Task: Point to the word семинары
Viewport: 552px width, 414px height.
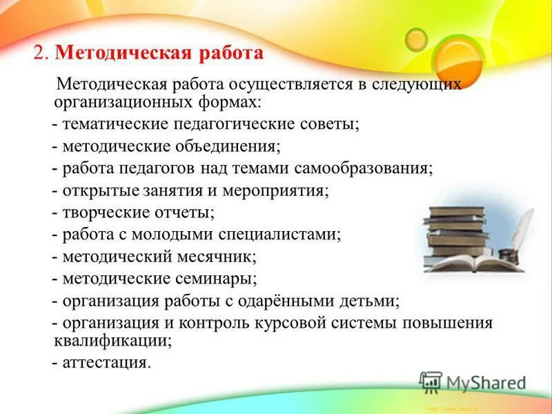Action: (x=217, y=279)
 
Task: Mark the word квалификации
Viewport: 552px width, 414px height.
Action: (x=111, y=339)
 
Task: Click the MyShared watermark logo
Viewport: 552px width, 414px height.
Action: (x=473, y=382)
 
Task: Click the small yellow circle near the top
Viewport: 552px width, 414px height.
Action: (x=416, y=39)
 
